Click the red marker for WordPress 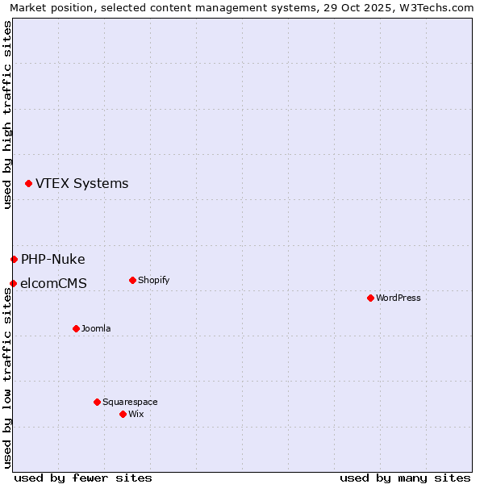(370, 298)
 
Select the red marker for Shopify (132, 280)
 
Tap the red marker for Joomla (76, 328)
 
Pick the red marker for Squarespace (97, 402)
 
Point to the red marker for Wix (123, 414)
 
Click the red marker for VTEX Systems (28, 183)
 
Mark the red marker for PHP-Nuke (14, 259)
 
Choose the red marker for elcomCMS (13, 283)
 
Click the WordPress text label (398, 298)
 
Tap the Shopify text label (153, 280)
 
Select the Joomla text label (96, 328)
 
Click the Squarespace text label (130, 402)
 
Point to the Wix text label (136, 414)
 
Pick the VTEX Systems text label (81, 183)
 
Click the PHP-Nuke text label (53, 259)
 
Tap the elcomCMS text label (53, 283)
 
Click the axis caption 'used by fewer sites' (83, 478)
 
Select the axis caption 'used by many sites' (405, 478)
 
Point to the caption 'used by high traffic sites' (7, 115)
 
